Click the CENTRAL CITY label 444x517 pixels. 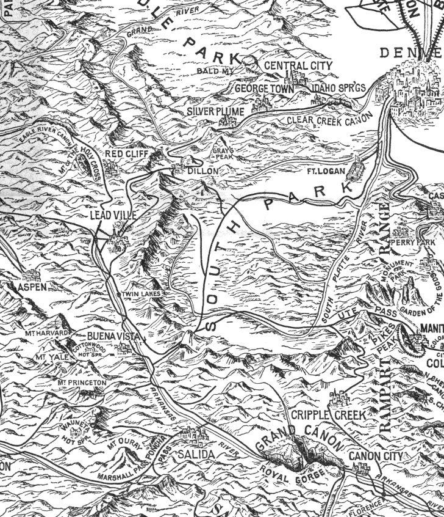299,65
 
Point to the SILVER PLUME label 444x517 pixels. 215,112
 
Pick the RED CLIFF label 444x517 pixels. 127,153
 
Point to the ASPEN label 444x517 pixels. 32,287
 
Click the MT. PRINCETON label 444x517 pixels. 82,383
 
